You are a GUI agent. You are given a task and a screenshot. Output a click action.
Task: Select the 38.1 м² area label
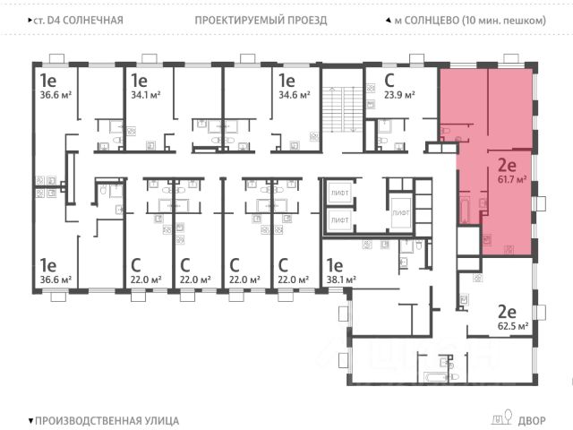tap(340, 279)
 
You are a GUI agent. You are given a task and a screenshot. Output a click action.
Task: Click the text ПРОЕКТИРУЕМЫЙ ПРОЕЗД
tap(260, 20)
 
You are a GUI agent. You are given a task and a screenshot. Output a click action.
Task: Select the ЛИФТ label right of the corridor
tap(400, 212)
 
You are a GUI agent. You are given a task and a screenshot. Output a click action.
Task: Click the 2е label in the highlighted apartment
tap(506, 165)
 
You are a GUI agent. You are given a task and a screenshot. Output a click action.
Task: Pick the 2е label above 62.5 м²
tap(507, 311)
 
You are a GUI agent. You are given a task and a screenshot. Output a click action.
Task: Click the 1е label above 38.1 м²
tap(335, 264)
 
